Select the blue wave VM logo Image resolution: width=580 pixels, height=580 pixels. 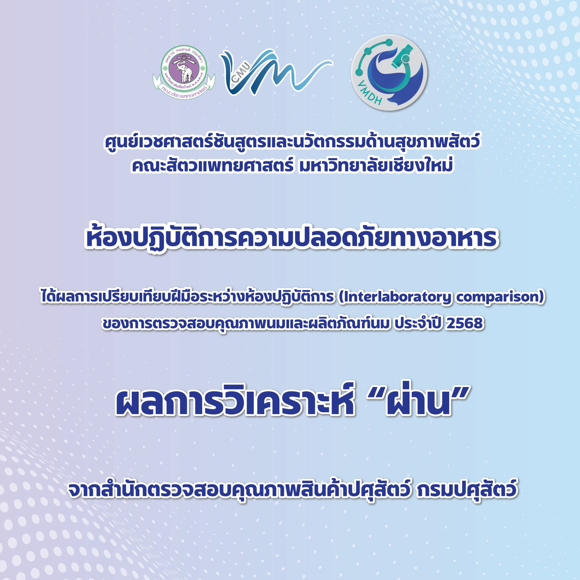(x=276, y=72)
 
